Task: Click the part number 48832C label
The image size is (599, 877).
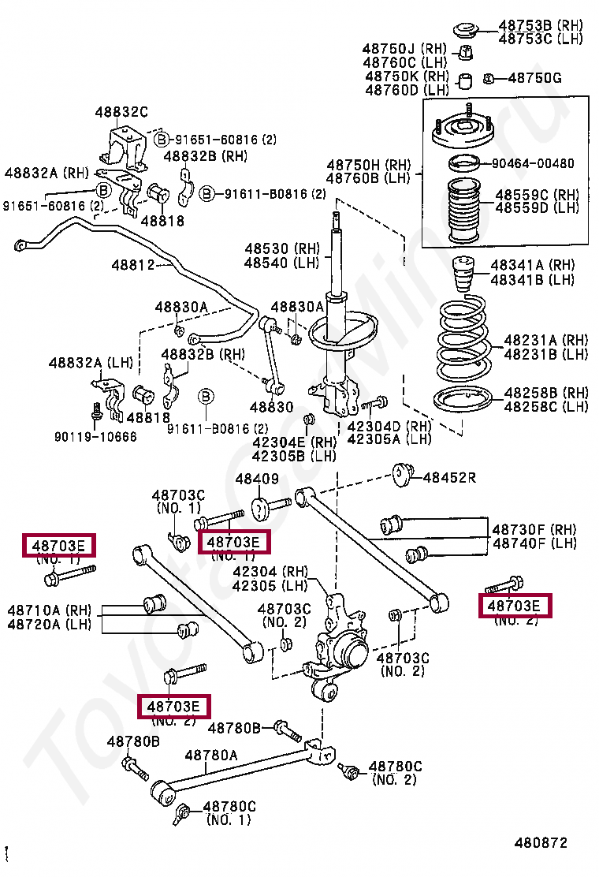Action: (121, 113)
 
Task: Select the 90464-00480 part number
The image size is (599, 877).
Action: (533, 163)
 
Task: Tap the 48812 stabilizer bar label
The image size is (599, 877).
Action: (133, 264)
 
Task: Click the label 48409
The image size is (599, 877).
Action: (257, 479)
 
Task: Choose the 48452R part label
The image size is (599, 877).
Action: (449, 478)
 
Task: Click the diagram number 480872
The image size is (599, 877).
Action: (541, 842)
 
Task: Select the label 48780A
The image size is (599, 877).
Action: (211, 756)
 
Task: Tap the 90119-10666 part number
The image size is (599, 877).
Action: (95, 436)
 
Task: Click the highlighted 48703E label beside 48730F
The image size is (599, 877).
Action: (514, 606)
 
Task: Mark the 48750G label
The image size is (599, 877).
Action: (534, 78)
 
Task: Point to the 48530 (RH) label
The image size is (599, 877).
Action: (282, 248)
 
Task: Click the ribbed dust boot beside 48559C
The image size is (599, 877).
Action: (463, 211)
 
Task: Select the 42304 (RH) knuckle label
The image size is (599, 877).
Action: (270, 572)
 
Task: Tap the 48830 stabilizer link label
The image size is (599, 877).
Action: (272, 407)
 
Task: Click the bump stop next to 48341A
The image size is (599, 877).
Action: (463, 274)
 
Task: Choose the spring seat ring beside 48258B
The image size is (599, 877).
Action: (463, 400)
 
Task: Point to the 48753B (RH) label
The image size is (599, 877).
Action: (541, 25)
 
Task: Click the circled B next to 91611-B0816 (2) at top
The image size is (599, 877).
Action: (207, 194)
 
